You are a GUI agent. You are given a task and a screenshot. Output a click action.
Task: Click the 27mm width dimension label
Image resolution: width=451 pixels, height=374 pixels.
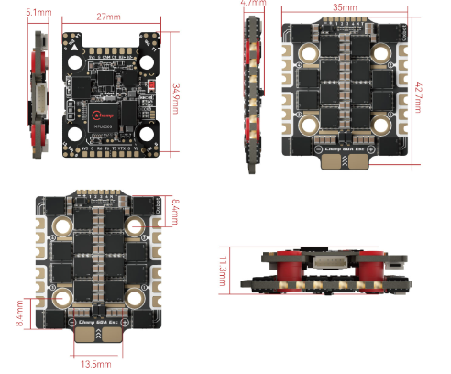pos(108,16)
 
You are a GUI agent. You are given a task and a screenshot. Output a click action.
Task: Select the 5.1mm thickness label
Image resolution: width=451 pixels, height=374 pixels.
pos(38,13)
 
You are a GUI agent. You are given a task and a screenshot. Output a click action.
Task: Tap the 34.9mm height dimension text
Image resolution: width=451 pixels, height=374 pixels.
pos(176,93)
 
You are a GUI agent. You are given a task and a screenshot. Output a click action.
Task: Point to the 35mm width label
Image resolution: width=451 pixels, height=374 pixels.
pos(345,6)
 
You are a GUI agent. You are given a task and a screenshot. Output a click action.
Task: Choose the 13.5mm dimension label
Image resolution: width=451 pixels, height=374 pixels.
pos(96,364)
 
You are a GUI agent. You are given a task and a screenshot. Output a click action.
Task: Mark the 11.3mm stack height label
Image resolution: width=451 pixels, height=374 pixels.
pos(224,271)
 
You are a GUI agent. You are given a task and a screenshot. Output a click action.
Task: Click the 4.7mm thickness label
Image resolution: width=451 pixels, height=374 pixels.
pos(251,4)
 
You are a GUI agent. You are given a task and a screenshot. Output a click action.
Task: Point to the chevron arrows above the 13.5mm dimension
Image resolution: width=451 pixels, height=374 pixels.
pos(98,337)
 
